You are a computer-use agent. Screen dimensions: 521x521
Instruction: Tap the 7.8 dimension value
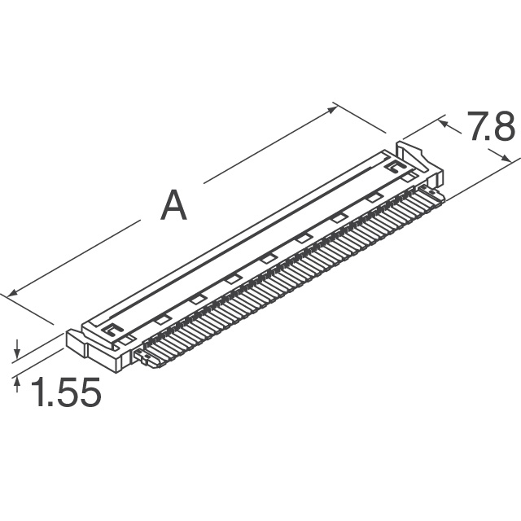point(489,128)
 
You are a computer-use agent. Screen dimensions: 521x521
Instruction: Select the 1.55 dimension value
point(65,395)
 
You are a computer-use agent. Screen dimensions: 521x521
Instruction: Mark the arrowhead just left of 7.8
point(444,123)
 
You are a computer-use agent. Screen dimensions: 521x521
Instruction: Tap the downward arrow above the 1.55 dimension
point(17,352)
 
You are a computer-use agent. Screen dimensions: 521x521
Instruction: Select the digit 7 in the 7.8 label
point(475,128)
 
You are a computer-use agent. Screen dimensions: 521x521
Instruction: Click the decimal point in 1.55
point(50,405)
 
